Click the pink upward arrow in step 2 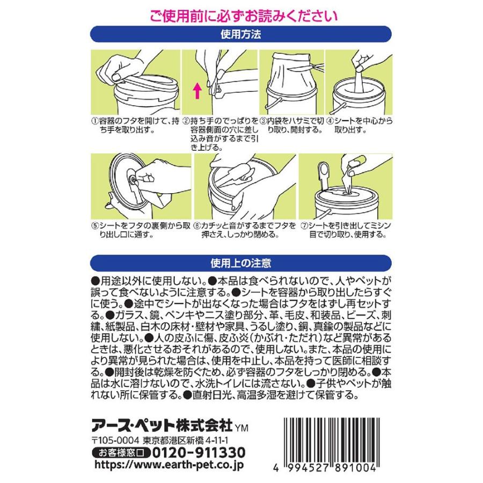click(x=197, y=89)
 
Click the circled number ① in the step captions click(x=94, y=121)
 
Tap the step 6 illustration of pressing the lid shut click(x=244, y=186)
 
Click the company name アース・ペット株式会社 click(x=163, y=426)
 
